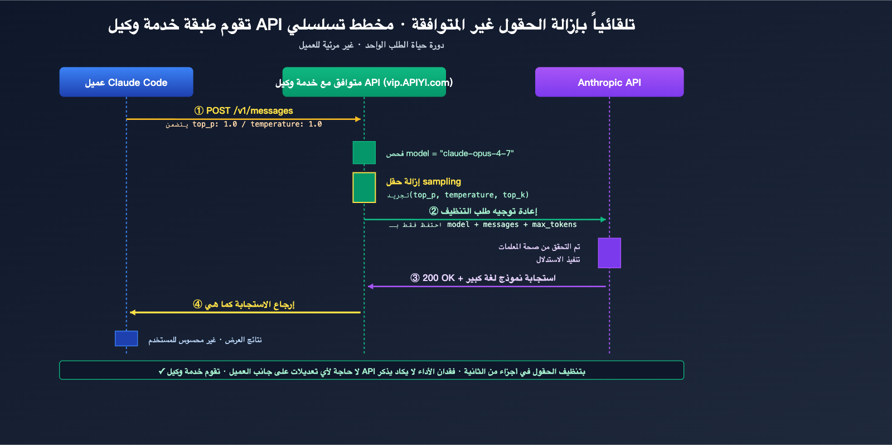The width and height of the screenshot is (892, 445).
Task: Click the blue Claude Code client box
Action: [126, 82]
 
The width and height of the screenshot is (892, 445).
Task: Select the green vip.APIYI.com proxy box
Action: [363, 82]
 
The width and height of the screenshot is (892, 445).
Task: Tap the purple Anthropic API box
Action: [609, 82]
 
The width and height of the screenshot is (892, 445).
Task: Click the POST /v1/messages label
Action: [249, 110]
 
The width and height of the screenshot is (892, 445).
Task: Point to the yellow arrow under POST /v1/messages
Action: [243, 119]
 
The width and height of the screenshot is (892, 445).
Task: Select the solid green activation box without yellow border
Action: [364, 153]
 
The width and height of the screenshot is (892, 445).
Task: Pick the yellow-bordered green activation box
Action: [364, 187]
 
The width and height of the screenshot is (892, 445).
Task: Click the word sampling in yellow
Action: [442, 181]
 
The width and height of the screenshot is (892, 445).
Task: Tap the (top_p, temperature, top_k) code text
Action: [469, 195]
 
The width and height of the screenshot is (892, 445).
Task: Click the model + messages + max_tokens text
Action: [512, 224]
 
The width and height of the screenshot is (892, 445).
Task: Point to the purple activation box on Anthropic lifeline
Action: [609, 253]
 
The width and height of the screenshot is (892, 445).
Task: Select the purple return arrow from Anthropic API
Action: [486, 286]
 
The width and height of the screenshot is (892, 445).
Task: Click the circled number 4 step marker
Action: [197, 304]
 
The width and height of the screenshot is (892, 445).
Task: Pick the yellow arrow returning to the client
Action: [245, 312]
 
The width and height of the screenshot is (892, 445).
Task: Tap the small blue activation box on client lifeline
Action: [126, 338]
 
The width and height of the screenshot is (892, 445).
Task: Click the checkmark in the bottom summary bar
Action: [162, 371]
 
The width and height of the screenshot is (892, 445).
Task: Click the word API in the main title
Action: [269, 25]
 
